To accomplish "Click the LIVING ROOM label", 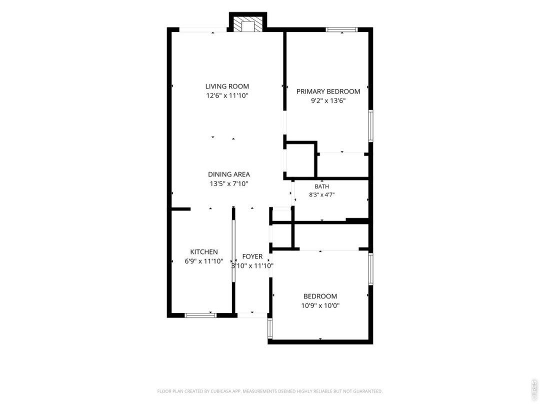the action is [x=227, y=86].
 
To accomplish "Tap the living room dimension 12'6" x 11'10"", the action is [x=227, y=95].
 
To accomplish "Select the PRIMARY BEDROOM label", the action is [x=328, y=91].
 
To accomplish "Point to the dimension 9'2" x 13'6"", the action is [x=328, y=101].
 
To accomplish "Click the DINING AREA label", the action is [x=229, y=174].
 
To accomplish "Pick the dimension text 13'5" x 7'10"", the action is [x=229, y=184].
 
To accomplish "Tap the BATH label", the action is [x=322, y=186].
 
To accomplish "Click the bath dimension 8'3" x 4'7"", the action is [x=322, y=194].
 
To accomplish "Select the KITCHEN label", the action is [x=204, y=252].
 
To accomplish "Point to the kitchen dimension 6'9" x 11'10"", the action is [x=204, y=261].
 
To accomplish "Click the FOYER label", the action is [x=252, y=256].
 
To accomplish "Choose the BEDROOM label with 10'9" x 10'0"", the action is [x=320, y=296].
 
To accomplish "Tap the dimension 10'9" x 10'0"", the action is [x=320, y=305].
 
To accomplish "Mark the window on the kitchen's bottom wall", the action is [x=200, y=315].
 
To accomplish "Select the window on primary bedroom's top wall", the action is [x=342, y=29].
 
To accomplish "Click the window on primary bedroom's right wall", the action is [x=371, y=125].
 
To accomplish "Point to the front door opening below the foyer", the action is [x=252, y=314].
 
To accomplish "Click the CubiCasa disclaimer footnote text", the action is [x=269, y=391].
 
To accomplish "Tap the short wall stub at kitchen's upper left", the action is [x=181, y=208].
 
